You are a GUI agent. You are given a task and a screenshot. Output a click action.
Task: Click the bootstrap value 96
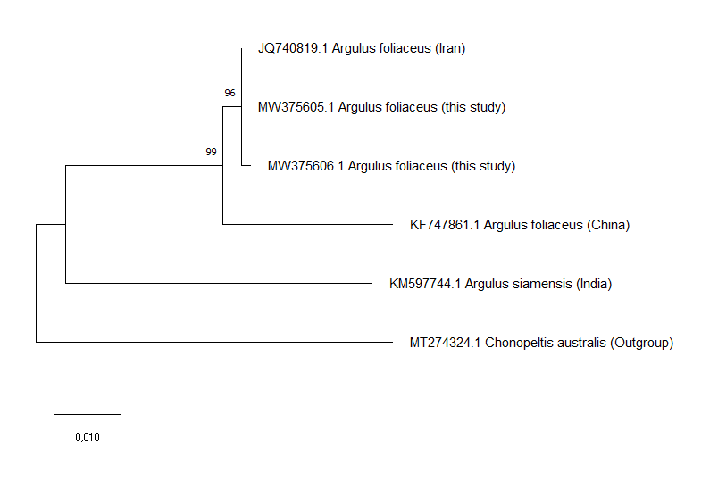(x=230, y=93)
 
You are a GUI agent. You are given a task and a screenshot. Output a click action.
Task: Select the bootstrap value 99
(x=211, y=152)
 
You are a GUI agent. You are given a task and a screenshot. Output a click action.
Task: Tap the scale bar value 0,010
(x=88, y=437)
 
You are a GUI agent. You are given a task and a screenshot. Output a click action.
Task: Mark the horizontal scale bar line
(x=88, y=414)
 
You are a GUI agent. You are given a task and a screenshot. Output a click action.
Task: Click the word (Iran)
(x=450, y=48)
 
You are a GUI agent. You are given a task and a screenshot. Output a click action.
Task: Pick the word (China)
(x=608, y=225)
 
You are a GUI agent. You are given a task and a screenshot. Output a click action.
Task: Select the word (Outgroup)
(x=641, y=343)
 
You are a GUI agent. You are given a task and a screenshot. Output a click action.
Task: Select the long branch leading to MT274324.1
(x=214, y=342)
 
